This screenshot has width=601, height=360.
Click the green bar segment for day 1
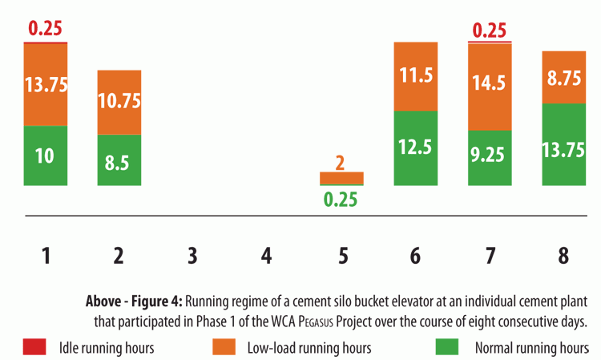click(46, 156)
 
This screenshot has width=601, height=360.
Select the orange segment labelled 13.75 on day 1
click(46, 84)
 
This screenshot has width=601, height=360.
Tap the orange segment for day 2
click(119, 102)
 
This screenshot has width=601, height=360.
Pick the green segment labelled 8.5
click(119, 160)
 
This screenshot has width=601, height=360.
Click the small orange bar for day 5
click(341, 178)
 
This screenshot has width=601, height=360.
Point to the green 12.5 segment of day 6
click(415, 148)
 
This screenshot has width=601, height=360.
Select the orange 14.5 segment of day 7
click(489, 87)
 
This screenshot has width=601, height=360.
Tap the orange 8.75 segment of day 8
click(563, 78)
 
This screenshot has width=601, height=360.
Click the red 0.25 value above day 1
click(46, 29)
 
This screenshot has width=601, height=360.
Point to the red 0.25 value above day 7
click(489, 30)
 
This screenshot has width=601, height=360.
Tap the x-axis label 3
click(192, 256)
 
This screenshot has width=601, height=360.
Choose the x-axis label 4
click(267, 256)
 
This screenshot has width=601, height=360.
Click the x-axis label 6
click(415, 256)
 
